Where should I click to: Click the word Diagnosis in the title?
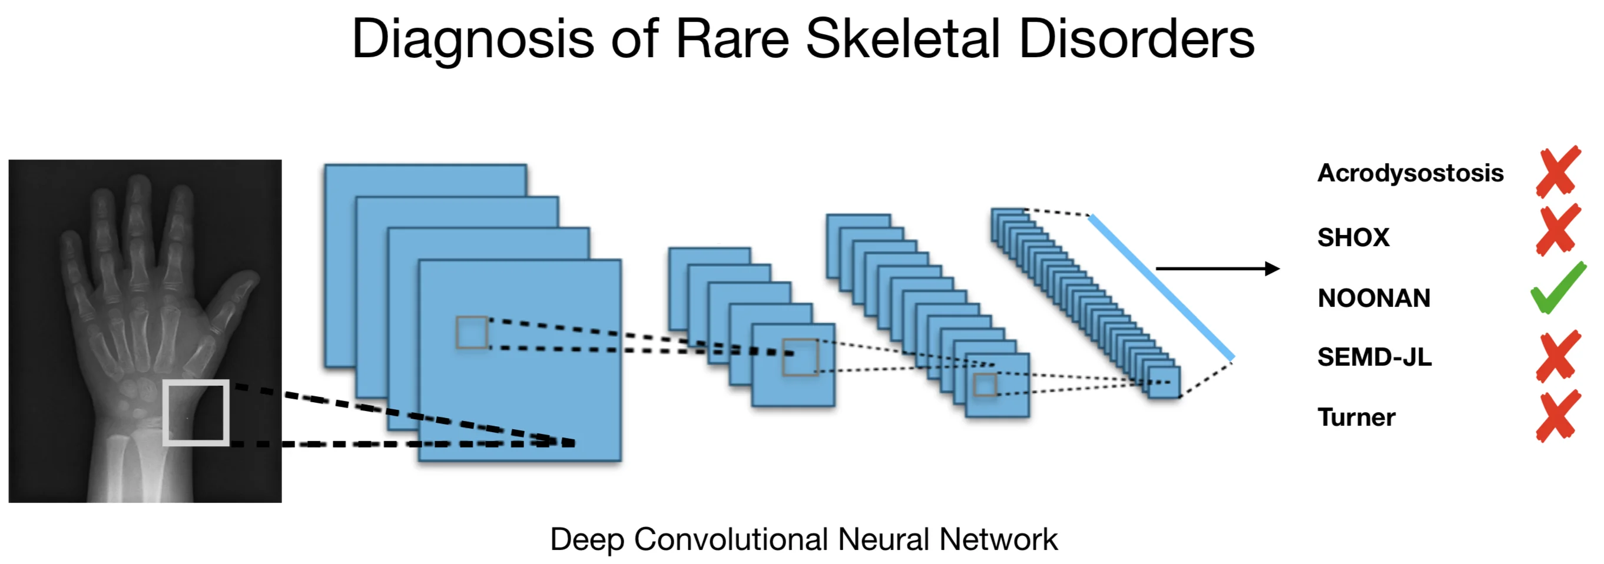473,39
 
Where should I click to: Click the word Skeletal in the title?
903,39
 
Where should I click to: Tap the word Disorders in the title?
1136,39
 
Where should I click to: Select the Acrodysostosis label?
1410,173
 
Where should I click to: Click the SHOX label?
1353,237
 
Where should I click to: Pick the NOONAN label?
1374,298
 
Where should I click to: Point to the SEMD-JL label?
1374,357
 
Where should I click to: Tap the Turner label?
1356,417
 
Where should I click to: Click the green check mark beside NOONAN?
1558,288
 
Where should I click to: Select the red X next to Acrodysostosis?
1558,172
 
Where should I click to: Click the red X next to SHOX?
1558,230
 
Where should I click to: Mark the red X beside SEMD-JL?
1558,356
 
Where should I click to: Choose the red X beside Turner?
1558,416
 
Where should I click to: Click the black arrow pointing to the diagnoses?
1217,268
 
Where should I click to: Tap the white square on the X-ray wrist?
196,412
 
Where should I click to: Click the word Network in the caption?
998,539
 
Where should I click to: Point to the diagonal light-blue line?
1161,287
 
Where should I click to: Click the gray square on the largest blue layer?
472,333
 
